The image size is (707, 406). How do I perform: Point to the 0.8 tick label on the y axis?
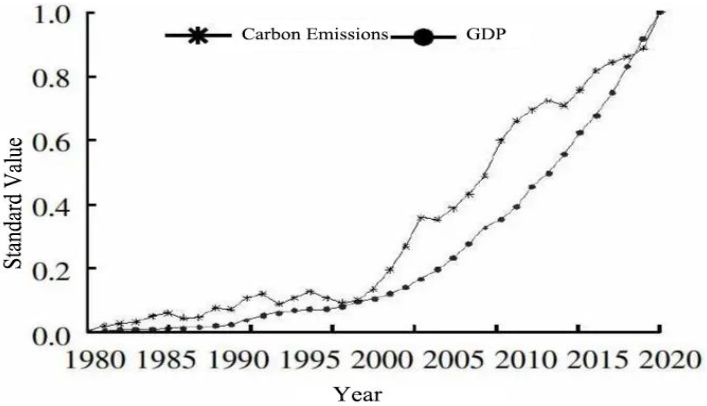(x=51, y=79)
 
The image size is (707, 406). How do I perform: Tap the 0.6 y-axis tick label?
(x=51, y=142)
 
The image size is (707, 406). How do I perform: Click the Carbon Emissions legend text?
(x=315, y=34)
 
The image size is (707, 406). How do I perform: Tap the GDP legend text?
(x=486, y=34)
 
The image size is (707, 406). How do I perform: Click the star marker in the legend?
(x=198, y=35)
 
